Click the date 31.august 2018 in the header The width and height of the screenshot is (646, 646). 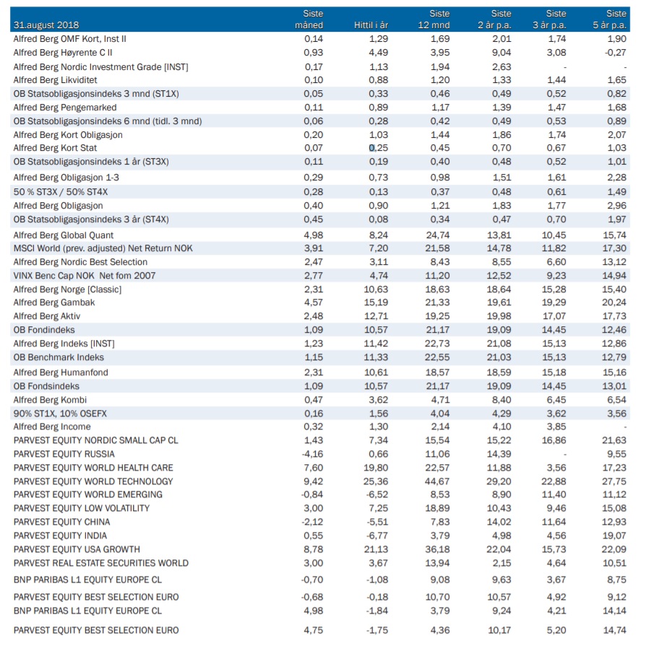46,25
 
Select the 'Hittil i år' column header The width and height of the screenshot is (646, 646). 371,25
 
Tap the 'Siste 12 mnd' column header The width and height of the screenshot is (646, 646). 434,19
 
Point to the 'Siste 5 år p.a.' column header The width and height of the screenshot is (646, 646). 610,19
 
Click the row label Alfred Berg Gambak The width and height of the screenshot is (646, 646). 54,303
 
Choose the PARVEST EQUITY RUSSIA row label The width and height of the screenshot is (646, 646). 64,454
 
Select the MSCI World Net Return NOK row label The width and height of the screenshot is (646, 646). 103,248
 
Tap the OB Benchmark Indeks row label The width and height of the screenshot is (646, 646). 59,357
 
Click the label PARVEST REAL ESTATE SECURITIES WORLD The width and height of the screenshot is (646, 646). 100,563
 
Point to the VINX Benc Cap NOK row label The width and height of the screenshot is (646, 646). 84,276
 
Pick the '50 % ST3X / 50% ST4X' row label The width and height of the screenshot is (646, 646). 60,192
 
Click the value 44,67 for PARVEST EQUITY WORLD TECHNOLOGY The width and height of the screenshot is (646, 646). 437,481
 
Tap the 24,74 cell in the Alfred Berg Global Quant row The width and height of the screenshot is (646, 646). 438,235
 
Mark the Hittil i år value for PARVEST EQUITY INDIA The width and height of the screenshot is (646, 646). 377,536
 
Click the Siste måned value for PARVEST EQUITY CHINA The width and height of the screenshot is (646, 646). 312,522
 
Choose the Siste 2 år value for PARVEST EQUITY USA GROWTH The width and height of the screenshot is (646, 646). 499,549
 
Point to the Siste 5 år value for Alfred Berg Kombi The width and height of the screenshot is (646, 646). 616,400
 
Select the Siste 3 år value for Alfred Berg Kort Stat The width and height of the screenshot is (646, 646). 556,148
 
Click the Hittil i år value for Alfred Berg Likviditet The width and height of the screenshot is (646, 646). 378,80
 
